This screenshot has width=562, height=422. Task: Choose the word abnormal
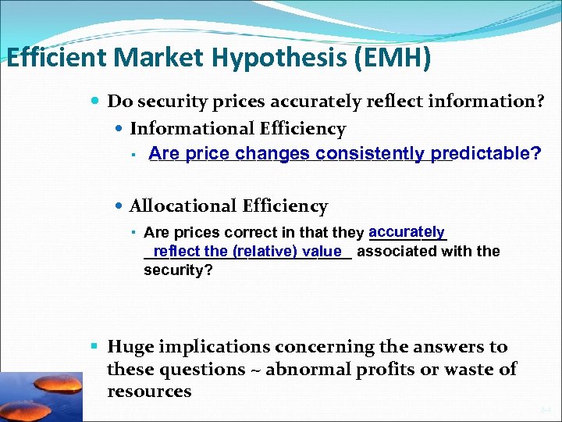(x=302, y=369)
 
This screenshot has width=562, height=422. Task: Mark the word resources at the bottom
(x=149, y=391)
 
